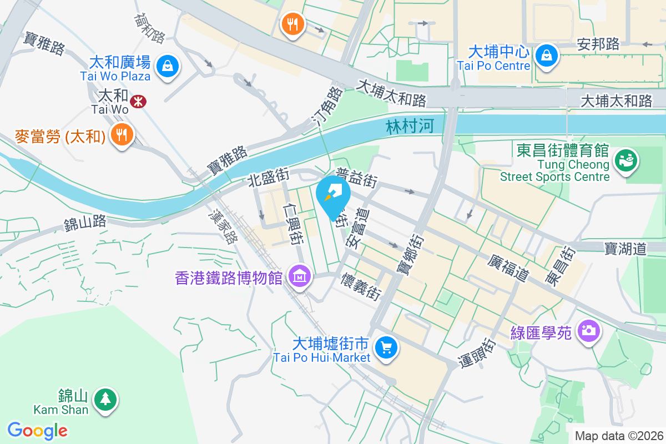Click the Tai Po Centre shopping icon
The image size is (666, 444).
coord(547,55)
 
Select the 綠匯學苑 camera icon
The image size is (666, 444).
coord(588,331)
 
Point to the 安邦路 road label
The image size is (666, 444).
coord(598,44)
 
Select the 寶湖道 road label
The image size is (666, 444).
coord(625,248)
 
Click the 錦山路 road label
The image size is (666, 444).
coord(85,224)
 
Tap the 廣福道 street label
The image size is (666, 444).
coord(508,268)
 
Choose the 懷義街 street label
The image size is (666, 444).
coord(361,285)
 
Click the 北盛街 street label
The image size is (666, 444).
coord(269,179)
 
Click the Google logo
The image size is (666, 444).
coord(37,431)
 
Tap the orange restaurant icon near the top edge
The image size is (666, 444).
coord(291,24)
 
